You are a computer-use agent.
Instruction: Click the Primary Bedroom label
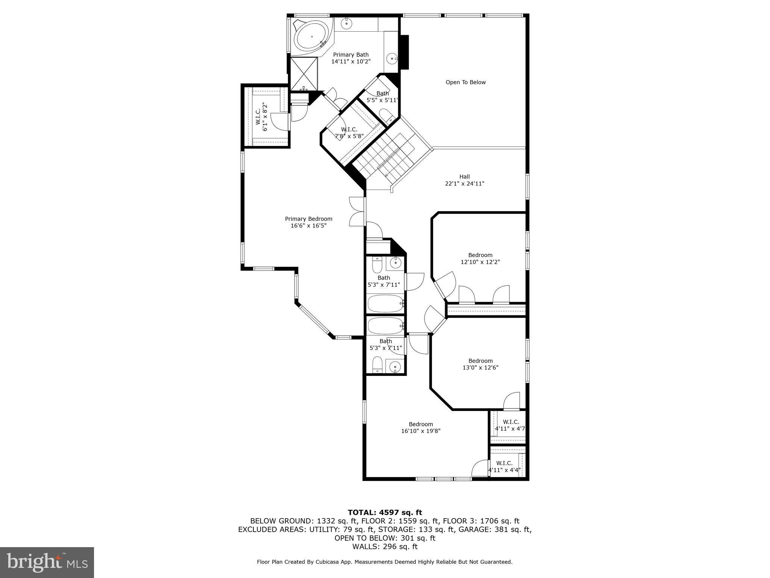(308, 222)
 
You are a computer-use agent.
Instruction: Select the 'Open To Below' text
(465, 82)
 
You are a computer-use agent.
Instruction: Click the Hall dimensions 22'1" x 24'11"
(464, 184)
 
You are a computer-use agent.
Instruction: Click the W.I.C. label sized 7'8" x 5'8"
(349, 133)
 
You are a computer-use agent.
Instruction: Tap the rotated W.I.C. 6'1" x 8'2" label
(261, 117)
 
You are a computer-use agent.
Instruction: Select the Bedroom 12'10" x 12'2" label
(480, 259)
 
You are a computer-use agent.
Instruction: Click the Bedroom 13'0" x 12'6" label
(480, 364)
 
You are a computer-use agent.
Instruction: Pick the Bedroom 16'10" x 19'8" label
(421, 427)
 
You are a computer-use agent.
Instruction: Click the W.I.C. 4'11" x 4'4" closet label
(505, 466)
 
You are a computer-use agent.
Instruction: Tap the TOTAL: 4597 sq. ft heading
(385, 513)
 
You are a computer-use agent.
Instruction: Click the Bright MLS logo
(47, 563)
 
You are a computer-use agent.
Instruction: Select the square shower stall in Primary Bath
(304, 74)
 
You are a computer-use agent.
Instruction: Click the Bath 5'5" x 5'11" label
(382, 97)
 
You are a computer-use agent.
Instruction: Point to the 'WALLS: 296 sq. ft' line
(385, 547)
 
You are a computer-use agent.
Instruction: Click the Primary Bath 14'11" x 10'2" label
(351, 58)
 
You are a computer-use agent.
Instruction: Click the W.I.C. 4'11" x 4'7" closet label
(510, 425)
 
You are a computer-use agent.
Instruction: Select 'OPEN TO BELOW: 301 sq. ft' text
(385, 538)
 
